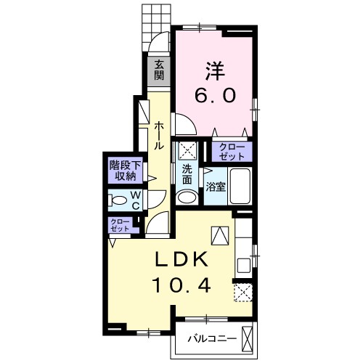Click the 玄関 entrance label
pyautogui.click(x=159, y=70)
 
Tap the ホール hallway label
pyautogui.click(x=159, y=136)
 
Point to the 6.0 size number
pyautogui.click(x=215, y=95)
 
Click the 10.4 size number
pyautogui.click(x=181, y=285)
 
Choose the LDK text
pyautogui.click(x=181, y=258)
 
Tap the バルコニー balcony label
pyautogui.click(x=213, y=338)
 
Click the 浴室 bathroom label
pyautogui.click(x=216, y=187)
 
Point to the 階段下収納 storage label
pyautogui.click(x=125, y=171)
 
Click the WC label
pyautogui.click(x=136, y=200)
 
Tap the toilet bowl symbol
pyautogui.click(x=118, y=200)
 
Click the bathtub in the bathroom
pyautogui.click(x=240, y=187)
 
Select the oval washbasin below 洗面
pyautogui.click(x=187, y=197)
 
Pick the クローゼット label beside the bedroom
pyautogui.click(x=232, y=152)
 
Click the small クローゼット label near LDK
pyautogui.click(x=120, y=225)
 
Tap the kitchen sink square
pyautogui.click(x=244, y=266)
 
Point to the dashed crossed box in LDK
pyautogui.click(x=243, y=293)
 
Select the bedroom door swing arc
pyautogui.click(x=190, y=121)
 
